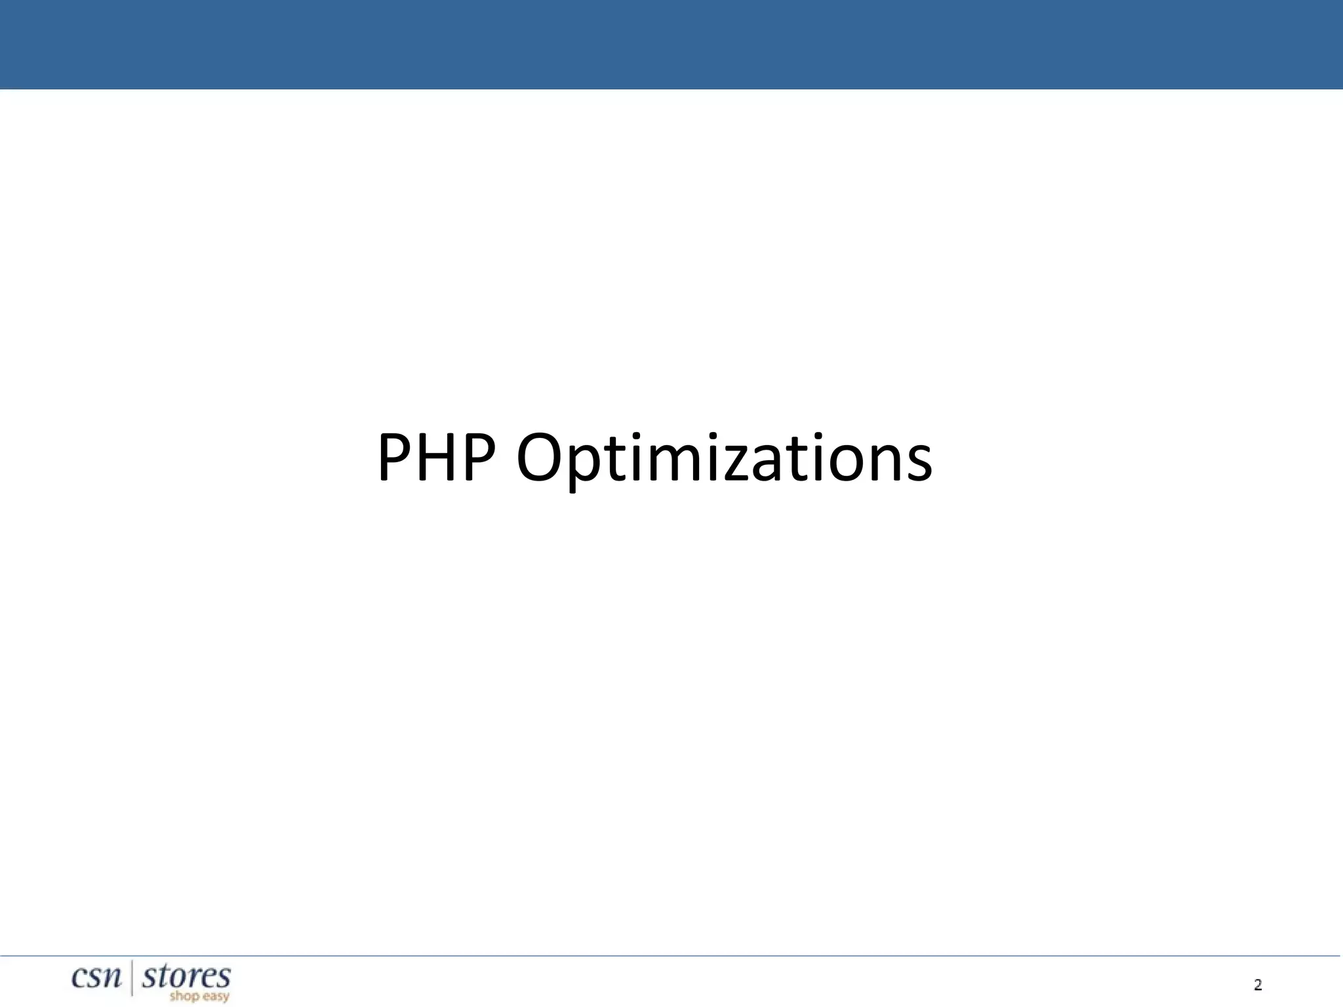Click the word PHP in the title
pyautogui.click(x=435, y=457)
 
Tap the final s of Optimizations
pyautogui.click(x=918, y=464)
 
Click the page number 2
pyautogui.click(x=1258, y=984)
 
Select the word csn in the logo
pyautogui.click(x=97, y=977)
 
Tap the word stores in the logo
pyautogui.click(x=186, y=976)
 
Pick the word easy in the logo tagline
pyautogui.click(x=215, y=998)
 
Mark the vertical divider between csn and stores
pyautogui.click(x=132, y=977)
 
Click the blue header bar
pyautogui.click(x=671, y=44)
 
